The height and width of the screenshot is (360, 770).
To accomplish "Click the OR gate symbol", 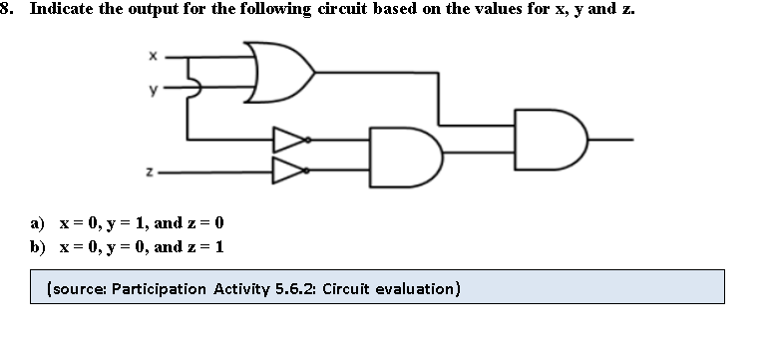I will click(x=283, y=72).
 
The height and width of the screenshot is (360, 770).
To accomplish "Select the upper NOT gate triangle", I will click(x=288, y=139).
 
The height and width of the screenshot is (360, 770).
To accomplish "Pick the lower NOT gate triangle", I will click(x=288, y=171).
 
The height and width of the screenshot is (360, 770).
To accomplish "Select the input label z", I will click(x=150, y=172).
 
